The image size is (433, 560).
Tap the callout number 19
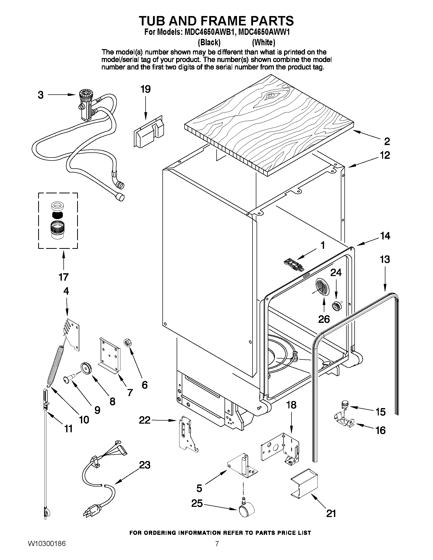coord(145,89)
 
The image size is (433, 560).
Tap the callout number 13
coord(385,259)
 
